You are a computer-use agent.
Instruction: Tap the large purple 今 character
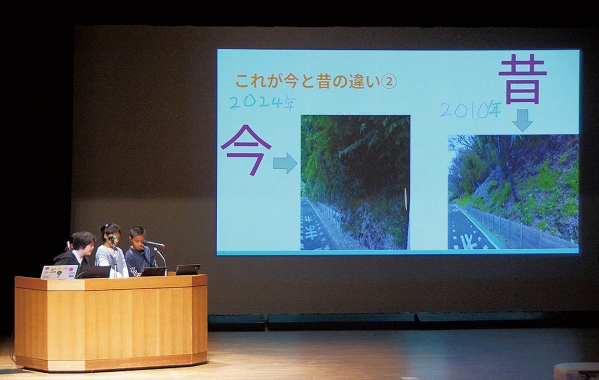246,150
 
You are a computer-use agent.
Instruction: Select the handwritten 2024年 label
262,103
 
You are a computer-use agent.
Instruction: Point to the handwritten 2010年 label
471,110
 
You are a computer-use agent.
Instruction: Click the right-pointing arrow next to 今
285,163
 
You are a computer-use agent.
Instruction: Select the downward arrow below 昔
522,120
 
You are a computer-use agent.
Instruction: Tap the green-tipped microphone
112,237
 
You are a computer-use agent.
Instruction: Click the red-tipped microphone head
154,244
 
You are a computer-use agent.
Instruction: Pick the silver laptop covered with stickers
59,272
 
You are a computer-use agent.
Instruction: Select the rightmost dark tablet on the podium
188,270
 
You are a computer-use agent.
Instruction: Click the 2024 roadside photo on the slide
355,183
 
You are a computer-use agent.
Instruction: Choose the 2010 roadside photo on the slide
513,192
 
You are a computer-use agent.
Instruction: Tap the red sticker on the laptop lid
70,269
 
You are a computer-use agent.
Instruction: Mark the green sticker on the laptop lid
59,273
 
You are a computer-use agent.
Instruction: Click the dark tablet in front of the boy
154,271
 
